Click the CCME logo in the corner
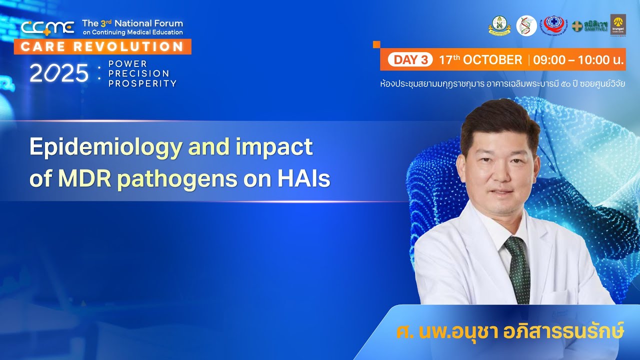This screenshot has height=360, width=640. [47, 27]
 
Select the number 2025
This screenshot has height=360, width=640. [59, 74]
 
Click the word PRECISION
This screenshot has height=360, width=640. [138, 73]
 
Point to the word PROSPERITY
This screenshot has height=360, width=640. [142, 83]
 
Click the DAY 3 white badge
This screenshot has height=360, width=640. [410, 60]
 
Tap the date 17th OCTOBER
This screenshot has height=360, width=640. [480, 60]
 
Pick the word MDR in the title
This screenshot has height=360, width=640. [85, 179]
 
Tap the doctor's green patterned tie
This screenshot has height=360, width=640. [518, 270]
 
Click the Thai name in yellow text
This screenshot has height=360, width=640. [510, 331]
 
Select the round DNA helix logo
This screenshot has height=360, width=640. [526, 25]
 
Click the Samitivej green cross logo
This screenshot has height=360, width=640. [589, 25]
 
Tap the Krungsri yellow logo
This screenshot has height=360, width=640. [617, 25]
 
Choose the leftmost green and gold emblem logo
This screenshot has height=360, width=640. [499, 25]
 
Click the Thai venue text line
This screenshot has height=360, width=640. [502, 83]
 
